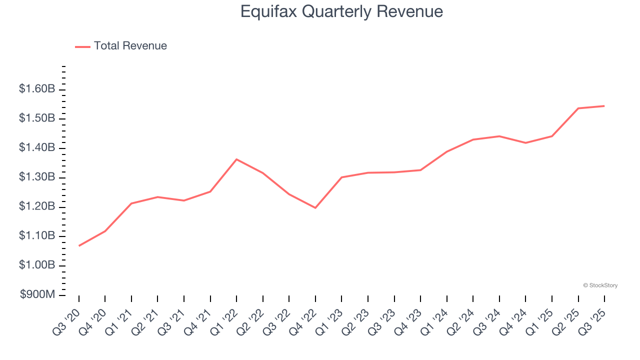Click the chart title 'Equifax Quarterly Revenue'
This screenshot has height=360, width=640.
coord(341,11)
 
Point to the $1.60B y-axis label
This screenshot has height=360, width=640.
coord(37,89)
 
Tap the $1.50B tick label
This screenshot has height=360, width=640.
coord(37,118)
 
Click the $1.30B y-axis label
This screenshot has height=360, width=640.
coord(37,177)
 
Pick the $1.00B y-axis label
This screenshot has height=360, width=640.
coord(37,265)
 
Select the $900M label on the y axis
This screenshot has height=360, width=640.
coord(37,295)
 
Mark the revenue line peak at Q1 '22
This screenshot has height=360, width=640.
coord(236,159)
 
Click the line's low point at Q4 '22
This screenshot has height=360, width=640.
coord(315,207)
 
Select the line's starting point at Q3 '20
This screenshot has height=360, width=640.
coord(79,246)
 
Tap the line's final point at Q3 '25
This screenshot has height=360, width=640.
coord(604,106)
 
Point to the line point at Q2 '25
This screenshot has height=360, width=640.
coord(578,108)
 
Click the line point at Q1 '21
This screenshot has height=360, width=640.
coord(131,203)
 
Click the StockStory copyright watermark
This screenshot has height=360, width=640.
coord(600,285)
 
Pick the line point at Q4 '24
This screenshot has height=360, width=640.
coord(525,143)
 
